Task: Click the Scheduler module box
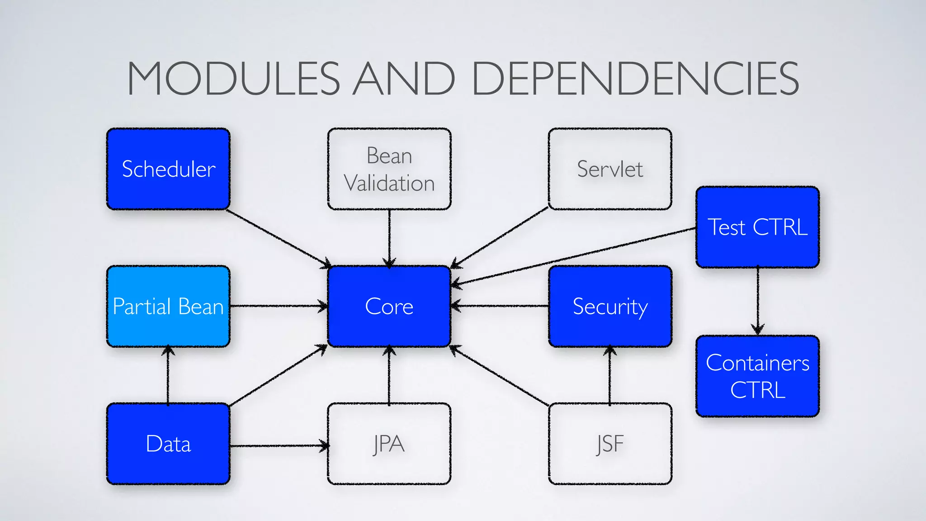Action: pyautogui.click(x=168, y=169)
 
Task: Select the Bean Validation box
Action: pyautogui.click(x=389, y=169)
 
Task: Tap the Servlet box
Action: pyautogui.click(x=609, y=169)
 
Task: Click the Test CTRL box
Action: pyautogui.click(x=757, y=227)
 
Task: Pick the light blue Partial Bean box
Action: pyautogui.click(x=168, y=306)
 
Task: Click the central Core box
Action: pyautogui.click(x=389, y=306)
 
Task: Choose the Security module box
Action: pyautogui.click(x=609, y=306)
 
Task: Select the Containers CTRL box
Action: pyautogui.click(x=757, y=376)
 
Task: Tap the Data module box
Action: pyautogui.click(x=168, y=444)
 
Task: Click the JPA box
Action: pyautogui.click(x=389, y=444)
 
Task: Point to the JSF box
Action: pyautogui.click(x=609, y=444)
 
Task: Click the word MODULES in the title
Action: pyautogui.click(x=233, y=79)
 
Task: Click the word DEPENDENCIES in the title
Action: pyautogui.click(x=635, y=79)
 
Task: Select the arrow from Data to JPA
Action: pyautogui.click(x=278, y=445)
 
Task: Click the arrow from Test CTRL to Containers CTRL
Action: pyautogui.click(x=758, y=301)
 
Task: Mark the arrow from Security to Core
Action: pyautogui.click(x=500, y=306)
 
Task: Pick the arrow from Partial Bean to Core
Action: pyautogui.click(x=278, y=306)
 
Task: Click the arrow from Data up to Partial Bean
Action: pyautogui.click(x=168, y=375)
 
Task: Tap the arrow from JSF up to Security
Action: pyautogui.click(x=609, y=375)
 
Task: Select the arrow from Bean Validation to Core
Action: pyautogui.click(x=389, y=237)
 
